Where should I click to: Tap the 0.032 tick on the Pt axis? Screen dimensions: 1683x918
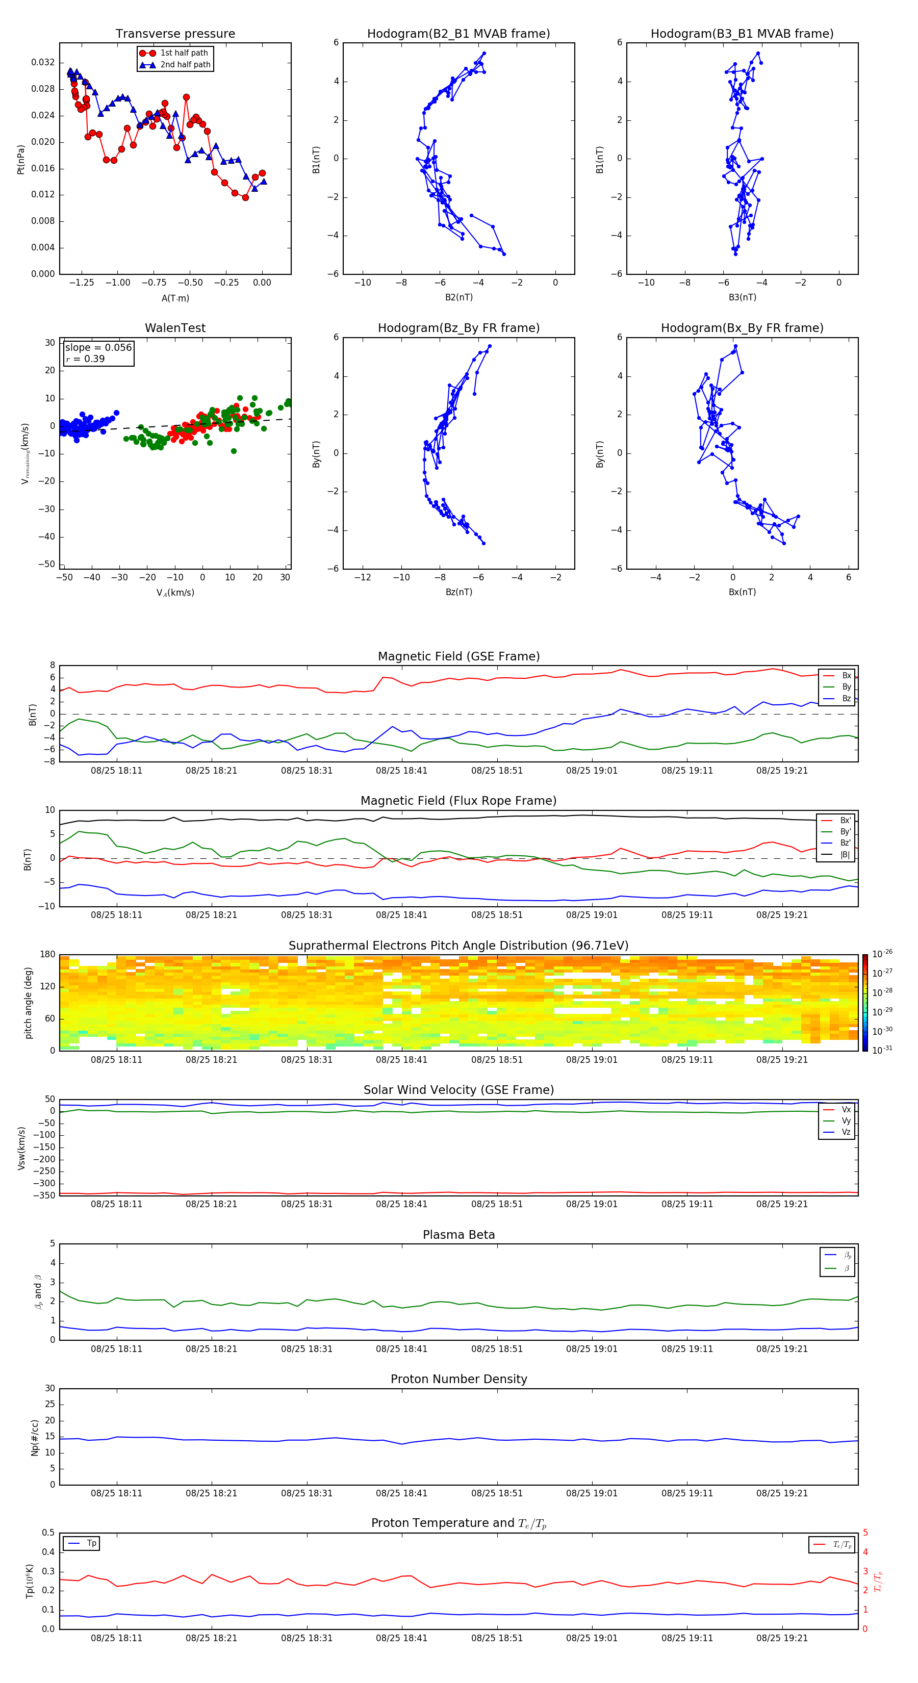tap(43, 63)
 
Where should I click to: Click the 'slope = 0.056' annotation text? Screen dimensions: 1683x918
tap(98, 348)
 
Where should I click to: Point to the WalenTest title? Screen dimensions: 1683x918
tap(175, 328)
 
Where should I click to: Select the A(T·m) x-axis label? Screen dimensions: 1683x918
tap(175, 298)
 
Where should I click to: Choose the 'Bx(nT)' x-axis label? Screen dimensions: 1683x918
tap(742, 592)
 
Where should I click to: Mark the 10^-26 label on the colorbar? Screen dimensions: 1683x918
tap(882, 954)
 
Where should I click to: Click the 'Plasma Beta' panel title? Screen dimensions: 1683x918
tap(458, 1235)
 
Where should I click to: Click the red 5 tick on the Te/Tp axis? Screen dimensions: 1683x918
tap(865, 1533)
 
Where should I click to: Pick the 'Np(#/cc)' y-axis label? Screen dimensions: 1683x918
tap(35, 1437)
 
